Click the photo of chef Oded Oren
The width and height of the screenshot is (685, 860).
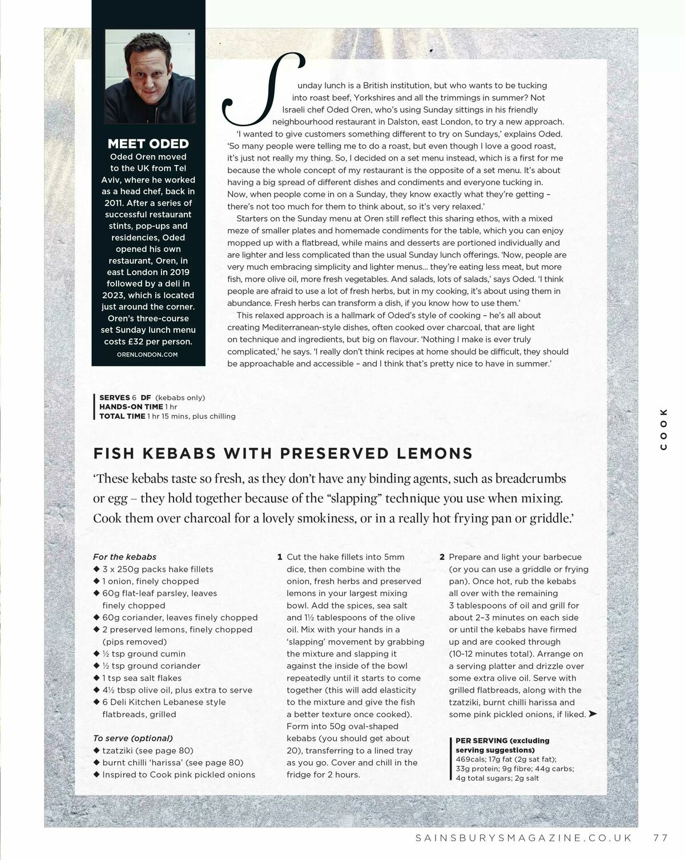[150, 76]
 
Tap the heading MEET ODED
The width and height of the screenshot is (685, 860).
[148, 144]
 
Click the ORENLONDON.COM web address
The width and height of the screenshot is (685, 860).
[147, 355]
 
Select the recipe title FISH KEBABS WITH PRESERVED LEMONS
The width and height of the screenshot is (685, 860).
[283, 453]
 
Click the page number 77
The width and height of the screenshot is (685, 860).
[660, 838]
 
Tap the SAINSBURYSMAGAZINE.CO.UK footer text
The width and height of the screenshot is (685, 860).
[523, 838]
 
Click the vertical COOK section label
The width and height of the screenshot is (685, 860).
[663, 429]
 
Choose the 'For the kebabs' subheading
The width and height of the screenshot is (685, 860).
[124, 557]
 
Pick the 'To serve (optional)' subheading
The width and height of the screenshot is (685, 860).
[133, 738]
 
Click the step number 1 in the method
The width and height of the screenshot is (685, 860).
[280, 557]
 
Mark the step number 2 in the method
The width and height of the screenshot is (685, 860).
[442, 557]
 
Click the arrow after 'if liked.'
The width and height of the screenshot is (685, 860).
[593, 714]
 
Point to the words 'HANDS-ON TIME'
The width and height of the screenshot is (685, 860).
[131, 407]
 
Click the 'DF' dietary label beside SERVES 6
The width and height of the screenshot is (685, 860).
[146, 397]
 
